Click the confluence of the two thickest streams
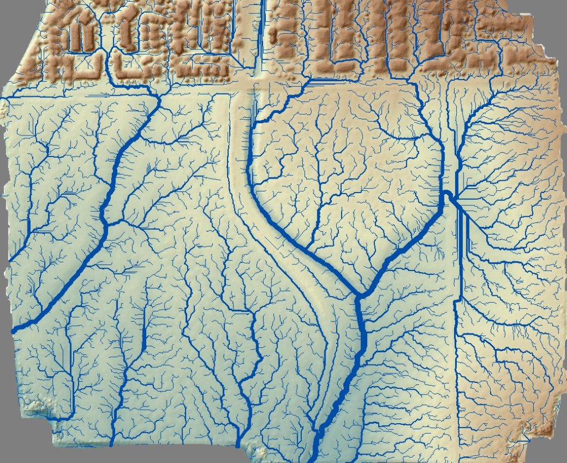point(359,295)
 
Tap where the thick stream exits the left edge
point(14,330)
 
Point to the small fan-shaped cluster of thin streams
point(439,252)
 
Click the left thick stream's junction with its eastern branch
point(106,224)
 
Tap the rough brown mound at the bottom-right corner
point(545,429)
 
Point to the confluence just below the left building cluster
point(159,97)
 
